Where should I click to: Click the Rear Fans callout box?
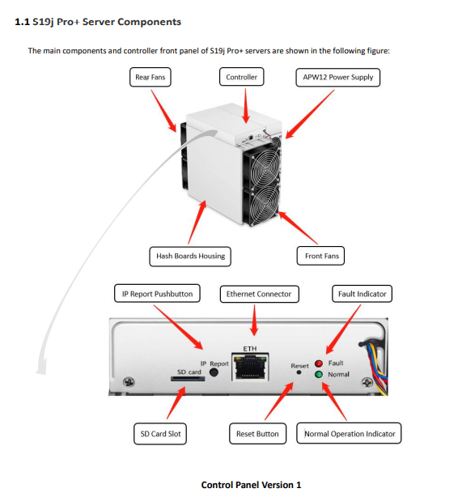151,77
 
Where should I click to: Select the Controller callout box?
241,77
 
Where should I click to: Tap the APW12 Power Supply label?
338,78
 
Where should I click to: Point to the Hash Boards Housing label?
190,257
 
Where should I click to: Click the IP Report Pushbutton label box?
157,294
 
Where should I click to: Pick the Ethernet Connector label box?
259,294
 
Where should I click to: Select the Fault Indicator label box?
362,294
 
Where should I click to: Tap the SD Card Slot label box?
160,434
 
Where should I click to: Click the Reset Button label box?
257,434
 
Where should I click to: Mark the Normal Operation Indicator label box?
349,433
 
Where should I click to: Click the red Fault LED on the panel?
319,363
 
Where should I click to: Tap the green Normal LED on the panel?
319,374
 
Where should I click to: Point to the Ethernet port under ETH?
250,367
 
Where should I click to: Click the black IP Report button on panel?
214,372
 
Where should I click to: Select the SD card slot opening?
188,379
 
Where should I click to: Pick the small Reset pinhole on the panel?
299,372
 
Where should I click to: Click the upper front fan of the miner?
262,167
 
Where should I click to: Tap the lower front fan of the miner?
262,205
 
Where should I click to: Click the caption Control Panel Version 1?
251,485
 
